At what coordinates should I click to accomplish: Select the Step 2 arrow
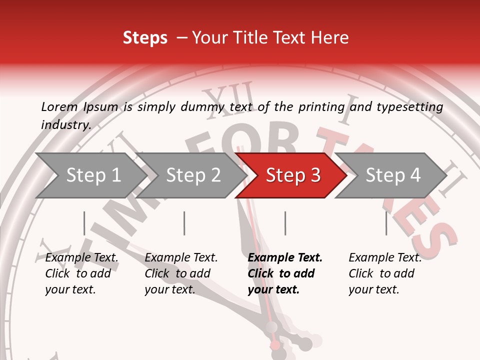click(x=192, y=175)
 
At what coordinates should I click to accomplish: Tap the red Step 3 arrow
click(x=292, y=175)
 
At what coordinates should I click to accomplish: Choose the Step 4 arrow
click(x=392, y=175)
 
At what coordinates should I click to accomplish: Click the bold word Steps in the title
click(x=145, y=38)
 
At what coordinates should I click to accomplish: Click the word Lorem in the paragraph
click(x=59, y=107)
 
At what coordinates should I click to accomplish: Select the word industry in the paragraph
click(x=65, y=125)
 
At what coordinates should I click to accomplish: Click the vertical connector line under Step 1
click(x=84, y=223)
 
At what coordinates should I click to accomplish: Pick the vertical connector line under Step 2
click(x=184, y=223)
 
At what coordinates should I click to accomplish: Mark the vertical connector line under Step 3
click(x=285, y=223)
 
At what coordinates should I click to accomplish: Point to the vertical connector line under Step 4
click(x=386, y=223)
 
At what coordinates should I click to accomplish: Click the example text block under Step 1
click(x=81, y=273)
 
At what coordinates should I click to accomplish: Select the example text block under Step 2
click(x=181, y=273)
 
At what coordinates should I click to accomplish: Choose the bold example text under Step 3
click(x=285, y=273)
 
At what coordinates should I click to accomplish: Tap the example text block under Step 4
click(x=385, y=273)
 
